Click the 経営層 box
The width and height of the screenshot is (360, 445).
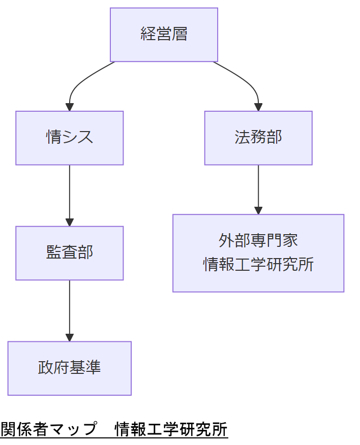pos(164,35)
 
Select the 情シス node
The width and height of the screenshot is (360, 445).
pos(70,138)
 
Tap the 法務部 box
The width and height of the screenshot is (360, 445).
pos(258,138)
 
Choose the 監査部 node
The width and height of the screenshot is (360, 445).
pos(70,252)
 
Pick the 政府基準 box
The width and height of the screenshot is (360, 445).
pos(70,368)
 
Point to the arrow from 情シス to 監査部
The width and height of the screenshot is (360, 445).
pos(70,193)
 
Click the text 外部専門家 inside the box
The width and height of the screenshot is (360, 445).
pos(258,240)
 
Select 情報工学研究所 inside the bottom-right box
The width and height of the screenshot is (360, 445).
pos(258,265)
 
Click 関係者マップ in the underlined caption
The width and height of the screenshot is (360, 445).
pos(48,429)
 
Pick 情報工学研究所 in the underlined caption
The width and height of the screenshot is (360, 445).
pos(171,429)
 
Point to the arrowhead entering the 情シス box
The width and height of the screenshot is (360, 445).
pos(70,107)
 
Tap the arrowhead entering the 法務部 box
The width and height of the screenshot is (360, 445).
pos(258,107)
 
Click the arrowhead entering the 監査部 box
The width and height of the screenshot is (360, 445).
pos(70,222)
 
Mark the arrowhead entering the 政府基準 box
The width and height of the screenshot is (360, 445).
pos(70,338)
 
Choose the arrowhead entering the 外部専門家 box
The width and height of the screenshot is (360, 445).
pos(258,210)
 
